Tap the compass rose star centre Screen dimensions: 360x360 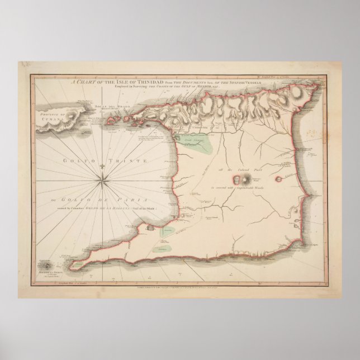coord(104,178)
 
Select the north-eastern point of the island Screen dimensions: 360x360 coord(318,85)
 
